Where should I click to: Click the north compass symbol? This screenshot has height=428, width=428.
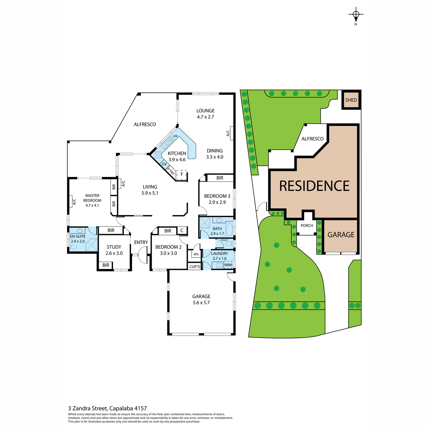tap(356, 15)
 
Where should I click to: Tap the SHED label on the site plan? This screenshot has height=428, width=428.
tap(351, 100)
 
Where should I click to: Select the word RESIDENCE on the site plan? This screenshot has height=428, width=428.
tap(314, 186)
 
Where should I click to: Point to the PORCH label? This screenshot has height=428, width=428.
tap(307, 225)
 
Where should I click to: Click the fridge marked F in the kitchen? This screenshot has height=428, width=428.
tap(182, 174)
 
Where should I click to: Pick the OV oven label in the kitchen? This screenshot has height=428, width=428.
tap(164, 164)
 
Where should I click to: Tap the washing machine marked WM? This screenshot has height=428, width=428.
tap(228, 265)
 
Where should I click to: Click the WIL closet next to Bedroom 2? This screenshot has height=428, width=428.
tap(196, 254)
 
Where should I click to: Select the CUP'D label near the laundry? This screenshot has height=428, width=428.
tap(195, 266)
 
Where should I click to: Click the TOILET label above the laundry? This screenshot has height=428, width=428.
tap(224, 240)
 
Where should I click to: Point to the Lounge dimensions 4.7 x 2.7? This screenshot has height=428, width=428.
tap(205, 117)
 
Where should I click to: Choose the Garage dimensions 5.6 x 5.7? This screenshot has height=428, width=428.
tap(201, 302)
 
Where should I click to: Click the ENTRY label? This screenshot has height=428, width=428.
tap(141, 242)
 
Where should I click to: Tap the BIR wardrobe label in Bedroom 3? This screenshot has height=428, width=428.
tap(220, 178)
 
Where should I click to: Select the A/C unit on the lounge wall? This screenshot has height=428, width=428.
tap(231, 133)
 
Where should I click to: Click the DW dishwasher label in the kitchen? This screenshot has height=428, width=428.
tap(175, 136)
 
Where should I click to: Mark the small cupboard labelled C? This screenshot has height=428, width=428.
tap(182, 230)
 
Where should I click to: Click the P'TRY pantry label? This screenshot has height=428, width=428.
tap(171, 172)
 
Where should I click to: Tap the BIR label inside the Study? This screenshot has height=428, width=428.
tap(106, 265)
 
